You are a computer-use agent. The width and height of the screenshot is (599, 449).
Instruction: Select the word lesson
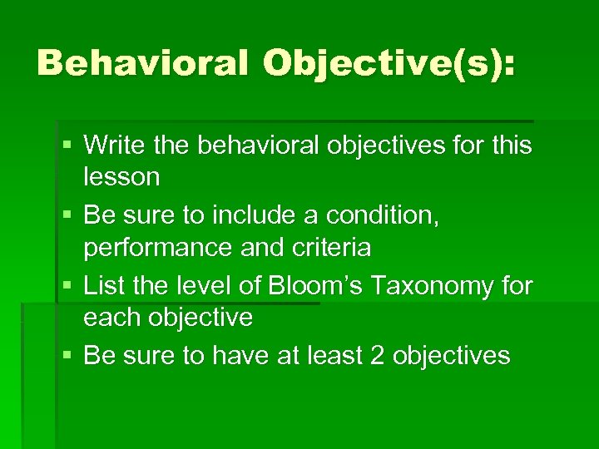point(121,177)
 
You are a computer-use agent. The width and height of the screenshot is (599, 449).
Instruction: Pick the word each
point(110,318)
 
